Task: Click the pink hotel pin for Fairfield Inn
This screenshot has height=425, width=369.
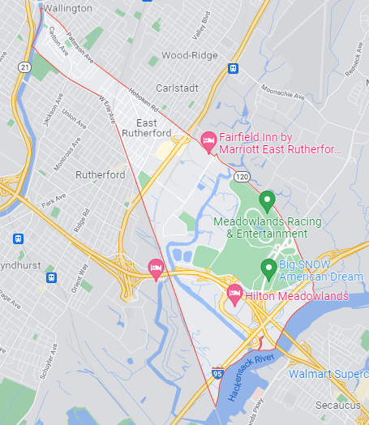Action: tap(208, 141)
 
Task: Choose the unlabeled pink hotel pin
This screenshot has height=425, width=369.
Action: tap(156, 267)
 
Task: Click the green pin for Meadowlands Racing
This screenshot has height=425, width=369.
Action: tap(267, 199)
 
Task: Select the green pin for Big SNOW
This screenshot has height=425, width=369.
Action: tap(268, 267)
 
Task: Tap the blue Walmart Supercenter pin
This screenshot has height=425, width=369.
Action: tap(282, 374)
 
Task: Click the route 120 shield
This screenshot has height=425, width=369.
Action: tap(242, 176)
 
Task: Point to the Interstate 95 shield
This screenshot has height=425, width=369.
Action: tap(217, 372)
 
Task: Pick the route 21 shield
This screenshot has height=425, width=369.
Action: tap(26, 67)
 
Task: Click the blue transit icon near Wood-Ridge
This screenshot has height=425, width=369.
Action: tap(233, 69)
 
